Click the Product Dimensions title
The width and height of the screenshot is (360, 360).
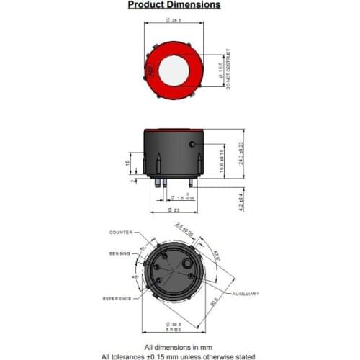coord(174,5)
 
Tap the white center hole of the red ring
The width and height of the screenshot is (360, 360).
coord(174,70)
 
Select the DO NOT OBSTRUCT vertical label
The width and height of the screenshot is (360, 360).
coord(228,70)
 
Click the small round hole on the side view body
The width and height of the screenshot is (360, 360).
coord(192,145)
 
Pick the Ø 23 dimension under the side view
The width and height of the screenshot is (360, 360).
coord(174,210)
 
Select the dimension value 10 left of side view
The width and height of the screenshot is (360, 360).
coord(129,163)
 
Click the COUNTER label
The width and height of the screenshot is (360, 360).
coord(121,233)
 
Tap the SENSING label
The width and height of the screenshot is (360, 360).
coord(120,254)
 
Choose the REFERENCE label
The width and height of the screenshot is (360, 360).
coord(117,298)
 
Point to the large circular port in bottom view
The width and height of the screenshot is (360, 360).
coord(190,274)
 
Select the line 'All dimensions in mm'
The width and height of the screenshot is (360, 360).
coord(174,347)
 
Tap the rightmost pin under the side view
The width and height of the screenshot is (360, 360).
coord(191,182)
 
